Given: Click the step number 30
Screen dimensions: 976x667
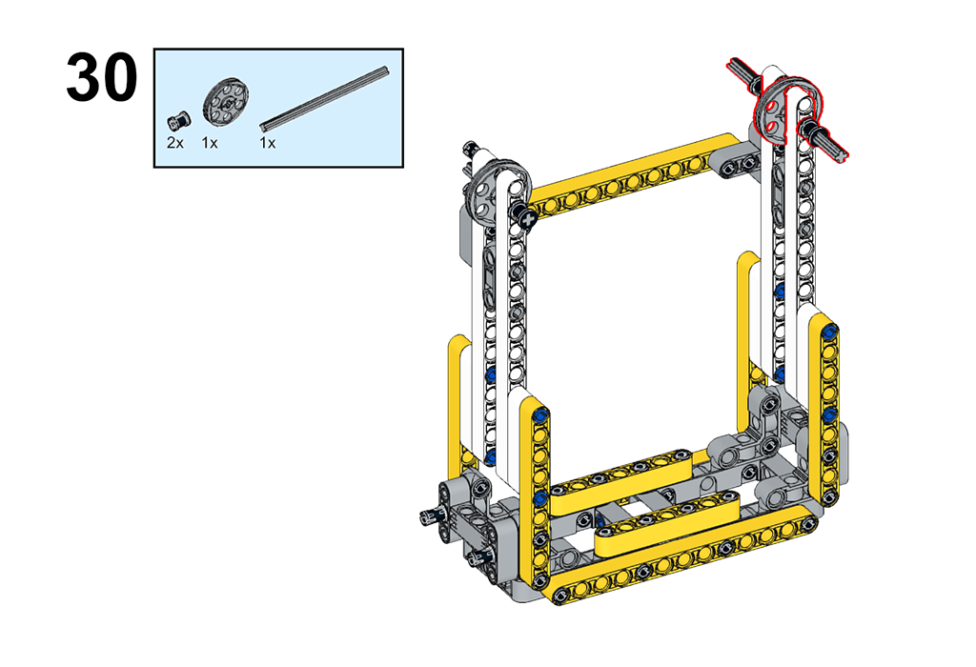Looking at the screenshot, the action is point(101,78).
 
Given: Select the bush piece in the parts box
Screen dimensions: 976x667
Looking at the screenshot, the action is point(179,119).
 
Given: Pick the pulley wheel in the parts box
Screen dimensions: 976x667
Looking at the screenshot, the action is point(225,102).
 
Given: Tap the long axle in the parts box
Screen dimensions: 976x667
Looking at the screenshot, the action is point(325,98).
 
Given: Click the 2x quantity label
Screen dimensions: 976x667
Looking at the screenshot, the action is point(175,143).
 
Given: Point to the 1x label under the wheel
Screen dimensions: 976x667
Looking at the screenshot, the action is point(210,143).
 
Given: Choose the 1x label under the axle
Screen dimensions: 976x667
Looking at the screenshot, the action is point(268,143).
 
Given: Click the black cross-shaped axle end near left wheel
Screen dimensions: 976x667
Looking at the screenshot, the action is point(528,219).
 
